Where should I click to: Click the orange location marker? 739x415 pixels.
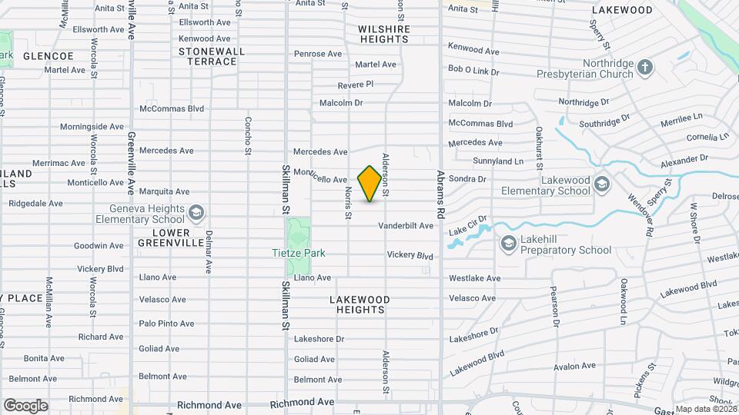coord(370,183)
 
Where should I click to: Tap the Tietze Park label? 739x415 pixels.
coord(299,253)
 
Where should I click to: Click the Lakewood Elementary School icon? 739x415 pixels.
coord(600,184)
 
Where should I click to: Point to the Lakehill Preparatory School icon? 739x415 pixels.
coord(508,244)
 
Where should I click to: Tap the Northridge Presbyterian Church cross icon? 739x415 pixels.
coord(644,68)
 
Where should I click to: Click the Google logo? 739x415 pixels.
coord(25,405)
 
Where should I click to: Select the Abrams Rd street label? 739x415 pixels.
coord(441,195)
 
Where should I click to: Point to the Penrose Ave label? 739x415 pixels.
coord(318,54)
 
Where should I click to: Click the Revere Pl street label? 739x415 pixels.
coord(355,84)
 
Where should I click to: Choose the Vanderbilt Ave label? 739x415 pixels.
coord(405,226)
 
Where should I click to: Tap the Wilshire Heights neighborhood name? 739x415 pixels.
coord(384,35)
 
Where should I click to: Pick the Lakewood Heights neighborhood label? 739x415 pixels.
coord(359,304)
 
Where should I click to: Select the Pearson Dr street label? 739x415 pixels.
coord(555,307)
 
